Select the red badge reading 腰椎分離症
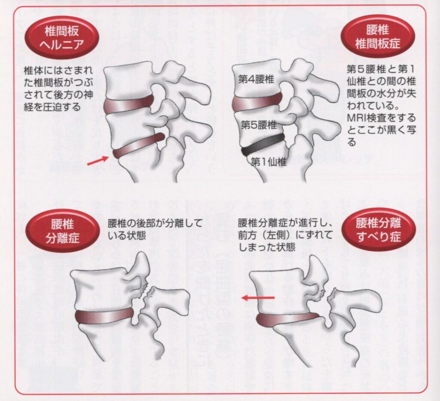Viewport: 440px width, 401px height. coord(62,231)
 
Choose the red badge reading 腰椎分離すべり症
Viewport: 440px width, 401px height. coord(379,230)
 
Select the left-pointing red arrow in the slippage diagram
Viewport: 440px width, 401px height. coord(257,297)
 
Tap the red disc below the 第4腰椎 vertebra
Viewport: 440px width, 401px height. coord(257,102)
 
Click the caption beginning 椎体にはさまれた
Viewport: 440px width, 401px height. coord(58,88)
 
